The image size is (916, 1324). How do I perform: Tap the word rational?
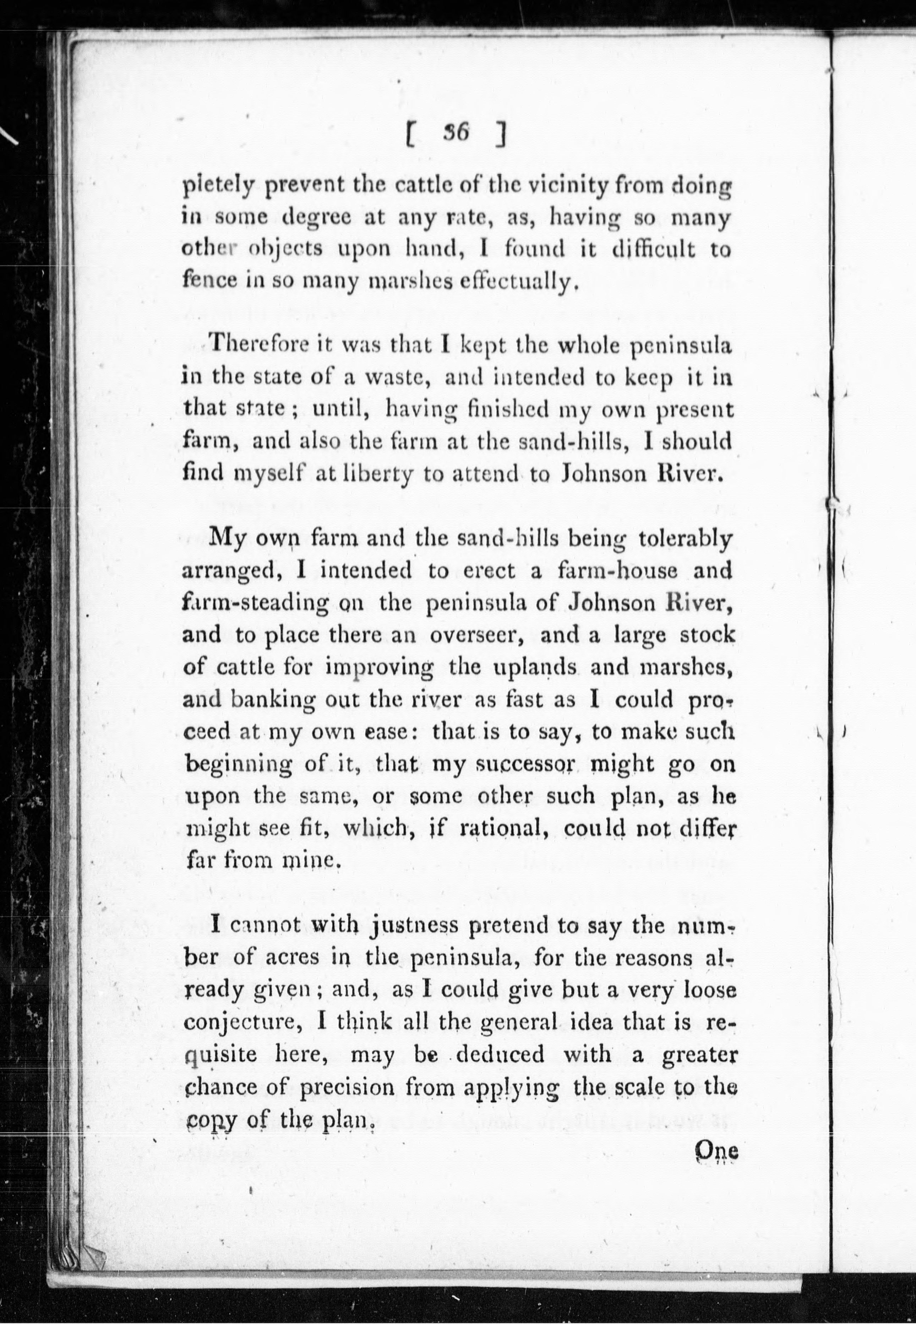502,829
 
